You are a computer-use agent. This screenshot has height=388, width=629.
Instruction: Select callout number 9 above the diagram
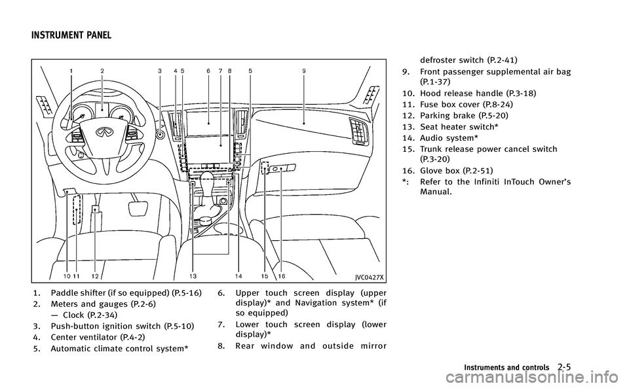303,70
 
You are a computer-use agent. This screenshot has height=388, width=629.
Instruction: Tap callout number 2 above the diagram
102,70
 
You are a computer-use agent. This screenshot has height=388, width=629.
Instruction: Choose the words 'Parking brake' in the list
449,115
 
